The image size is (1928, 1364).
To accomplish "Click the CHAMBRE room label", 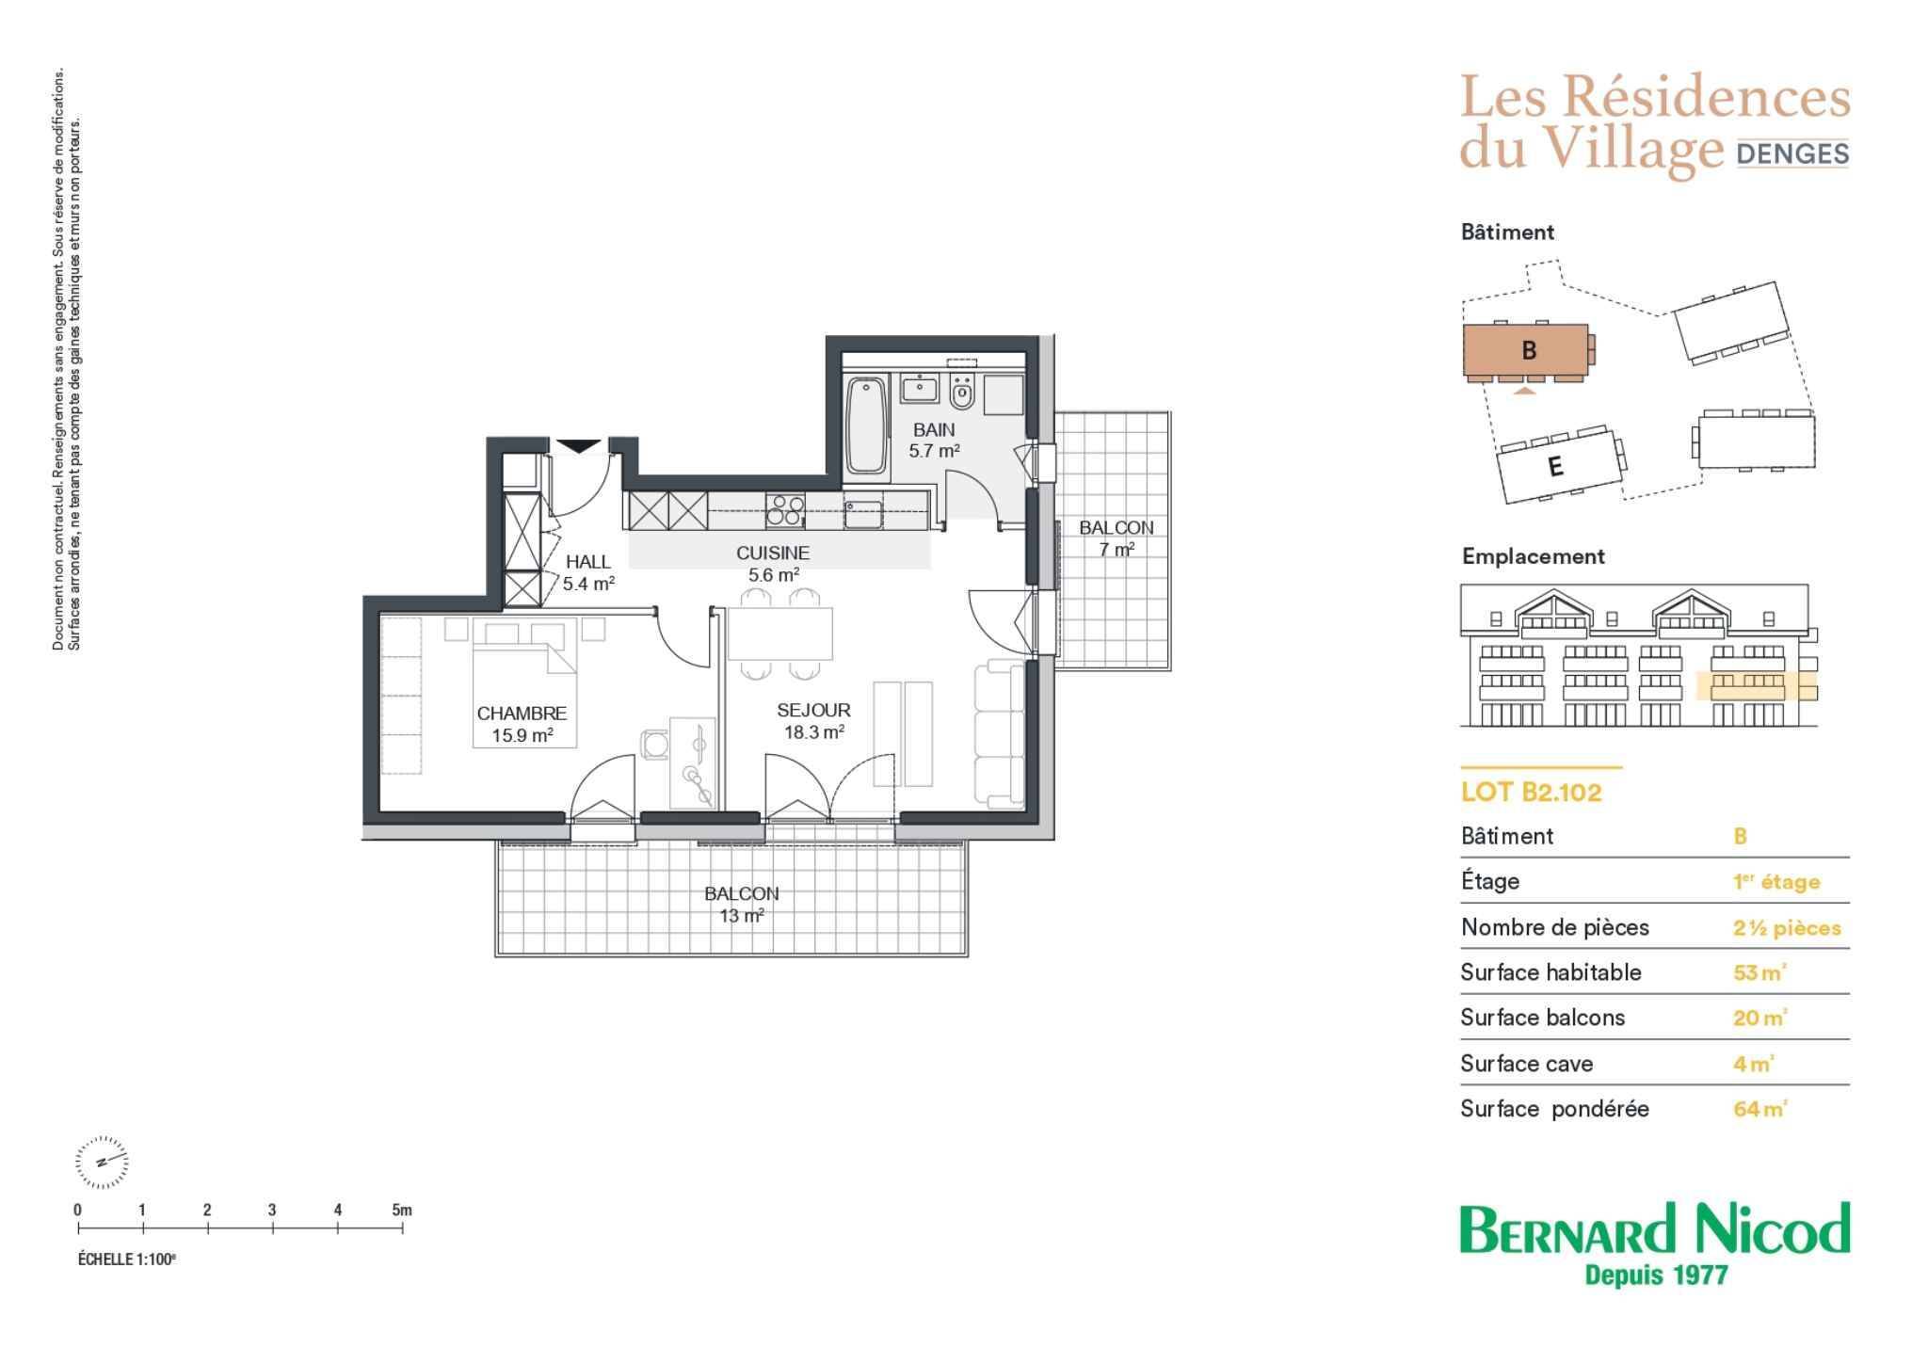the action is (522, 714).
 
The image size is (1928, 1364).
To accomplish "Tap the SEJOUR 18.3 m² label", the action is (813, 721).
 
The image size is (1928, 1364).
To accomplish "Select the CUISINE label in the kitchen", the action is (773, 554).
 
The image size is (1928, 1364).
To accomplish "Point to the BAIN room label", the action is (934, 430).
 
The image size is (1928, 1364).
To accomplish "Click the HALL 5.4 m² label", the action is (588, 572).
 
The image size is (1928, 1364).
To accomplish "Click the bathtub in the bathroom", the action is (866, 425).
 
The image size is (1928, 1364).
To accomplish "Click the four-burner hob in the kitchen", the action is (784, 510).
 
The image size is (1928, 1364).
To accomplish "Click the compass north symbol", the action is (101, 1162).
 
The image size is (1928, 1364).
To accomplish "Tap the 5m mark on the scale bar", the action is (402, 1211).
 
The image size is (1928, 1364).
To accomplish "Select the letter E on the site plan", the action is (1555, 467).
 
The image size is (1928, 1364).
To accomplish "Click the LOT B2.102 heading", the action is (1531, 793).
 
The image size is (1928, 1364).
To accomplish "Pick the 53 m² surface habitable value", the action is (1759, 972).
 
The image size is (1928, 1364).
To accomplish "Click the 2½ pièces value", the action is (1787, 928).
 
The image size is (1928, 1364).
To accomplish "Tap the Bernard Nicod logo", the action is (1655, 1244).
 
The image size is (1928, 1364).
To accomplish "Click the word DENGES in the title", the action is (1792, 153).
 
